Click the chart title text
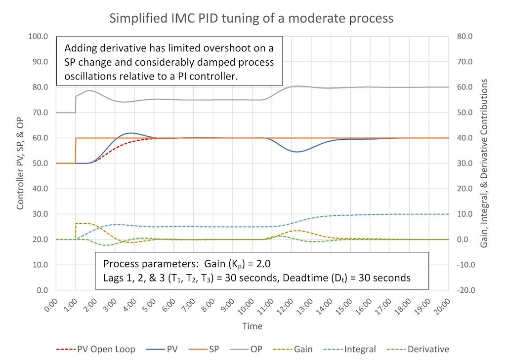[252, 19]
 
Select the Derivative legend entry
[428, 349]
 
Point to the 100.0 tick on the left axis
[39, 37]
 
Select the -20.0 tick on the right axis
[465, 290]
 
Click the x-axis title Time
[252, 326]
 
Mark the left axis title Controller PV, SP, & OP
[21, 163]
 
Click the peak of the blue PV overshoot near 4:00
[130, 133]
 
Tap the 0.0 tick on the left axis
[42, 290]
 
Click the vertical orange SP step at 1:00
[76, 151]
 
